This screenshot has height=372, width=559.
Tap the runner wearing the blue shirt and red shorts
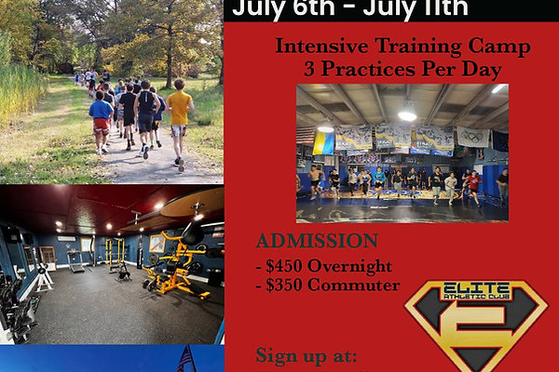[101, 121]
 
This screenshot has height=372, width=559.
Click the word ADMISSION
[306, 242]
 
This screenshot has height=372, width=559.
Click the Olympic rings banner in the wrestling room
[473, 137]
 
